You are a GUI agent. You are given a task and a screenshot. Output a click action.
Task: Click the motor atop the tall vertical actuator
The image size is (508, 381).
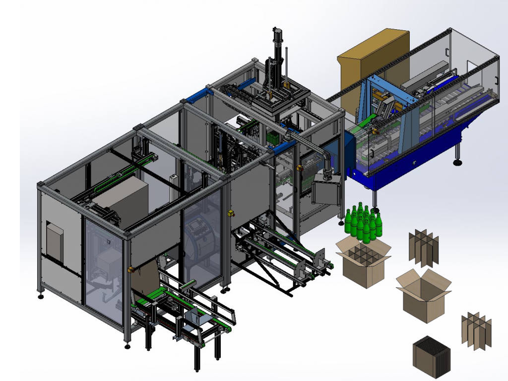[x=277, y=37]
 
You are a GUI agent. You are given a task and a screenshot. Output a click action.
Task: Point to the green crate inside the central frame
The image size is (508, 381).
[x=272, y=137]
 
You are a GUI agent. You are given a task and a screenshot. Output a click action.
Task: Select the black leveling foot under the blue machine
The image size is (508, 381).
[x=457, y=161]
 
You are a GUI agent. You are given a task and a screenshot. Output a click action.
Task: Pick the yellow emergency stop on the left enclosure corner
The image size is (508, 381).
[x=131, y=269]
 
